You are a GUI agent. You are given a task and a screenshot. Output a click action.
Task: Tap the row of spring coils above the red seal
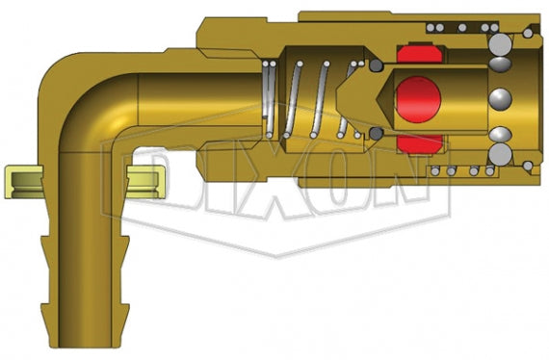pos(452,28)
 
